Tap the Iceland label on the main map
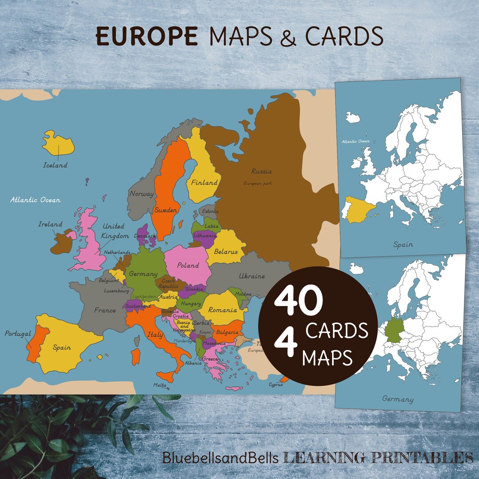(x=55, y=165)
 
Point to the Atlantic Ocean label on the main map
(x=35, y=200)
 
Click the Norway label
(x=141, y=193)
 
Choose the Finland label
(x=204, y=182)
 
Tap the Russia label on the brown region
(x=261, y=171)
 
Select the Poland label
(x=188, y=265)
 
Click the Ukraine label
(x=251, y=276)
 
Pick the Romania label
(x=222, y=310)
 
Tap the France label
(x=105, y=310)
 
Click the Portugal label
(x=18, y=334)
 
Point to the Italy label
(x=155, y=335)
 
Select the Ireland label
(x=50, y=224)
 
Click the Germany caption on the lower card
(x=397, y=399)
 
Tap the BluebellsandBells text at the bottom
(x=220, y=457)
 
